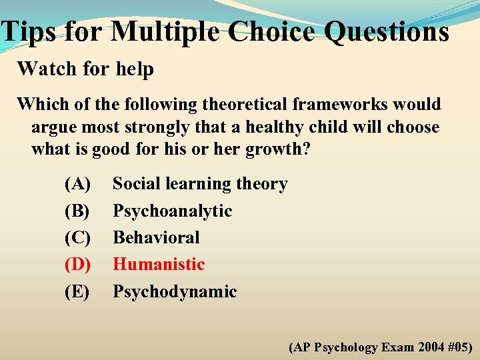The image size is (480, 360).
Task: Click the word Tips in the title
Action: coord(26,31)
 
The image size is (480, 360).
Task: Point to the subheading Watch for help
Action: coord(85,69)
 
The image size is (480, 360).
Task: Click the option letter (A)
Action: coord(77,184)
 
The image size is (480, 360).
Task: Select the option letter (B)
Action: coord(77,211)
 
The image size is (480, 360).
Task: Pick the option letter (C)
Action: coord(77,237)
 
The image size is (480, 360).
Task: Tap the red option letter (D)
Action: coord(77,264)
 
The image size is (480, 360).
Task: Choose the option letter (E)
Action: coord(77,291)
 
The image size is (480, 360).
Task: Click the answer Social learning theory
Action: coord(200,184)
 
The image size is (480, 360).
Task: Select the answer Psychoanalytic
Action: coord(172,211)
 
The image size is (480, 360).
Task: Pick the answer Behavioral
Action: coord(156,237)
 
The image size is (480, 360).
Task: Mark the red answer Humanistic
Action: coord(159,264)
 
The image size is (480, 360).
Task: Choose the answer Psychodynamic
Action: coord(175,291)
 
